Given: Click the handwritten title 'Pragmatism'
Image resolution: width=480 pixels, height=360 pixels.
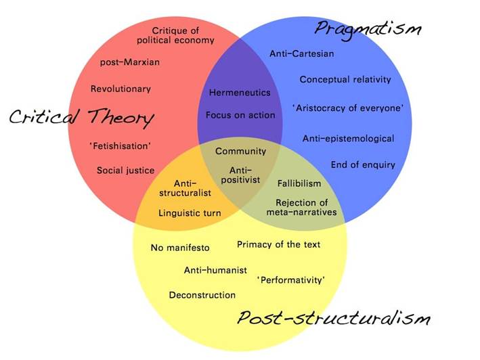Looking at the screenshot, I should click(368, 28).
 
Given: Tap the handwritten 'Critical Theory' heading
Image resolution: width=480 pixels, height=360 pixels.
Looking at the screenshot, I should click(81, 118).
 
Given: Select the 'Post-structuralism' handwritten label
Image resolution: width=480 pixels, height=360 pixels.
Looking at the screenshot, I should click(333, 317).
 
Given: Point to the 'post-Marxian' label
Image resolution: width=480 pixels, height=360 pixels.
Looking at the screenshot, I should click(130, 63).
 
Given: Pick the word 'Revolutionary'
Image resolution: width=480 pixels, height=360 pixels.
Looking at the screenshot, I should click(121, 89).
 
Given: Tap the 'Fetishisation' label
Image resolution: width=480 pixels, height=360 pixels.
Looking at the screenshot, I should click(120, 145).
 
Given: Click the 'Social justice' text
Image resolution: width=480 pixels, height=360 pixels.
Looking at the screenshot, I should click(125, 171).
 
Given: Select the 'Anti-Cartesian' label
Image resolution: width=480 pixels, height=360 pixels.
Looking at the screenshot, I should click(302, 53).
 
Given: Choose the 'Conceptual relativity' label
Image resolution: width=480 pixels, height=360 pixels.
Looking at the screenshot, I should click(345, 79).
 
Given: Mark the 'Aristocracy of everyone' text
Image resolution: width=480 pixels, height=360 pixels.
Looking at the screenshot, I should click(348, 108).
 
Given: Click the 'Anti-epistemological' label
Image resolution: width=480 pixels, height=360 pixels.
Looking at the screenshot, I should click(348, 139).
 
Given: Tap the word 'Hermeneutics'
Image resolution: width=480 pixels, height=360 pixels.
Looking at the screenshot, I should click(240, 93).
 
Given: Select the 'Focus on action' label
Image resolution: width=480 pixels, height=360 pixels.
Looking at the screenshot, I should click(240, 115).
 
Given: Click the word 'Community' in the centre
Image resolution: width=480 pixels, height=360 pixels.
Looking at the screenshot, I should click(240, 152).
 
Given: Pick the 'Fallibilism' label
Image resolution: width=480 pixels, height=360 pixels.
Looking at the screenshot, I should click(299, 183).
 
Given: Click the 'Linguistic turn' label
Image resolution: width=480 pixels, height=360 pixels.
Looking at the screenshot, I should click(190, 213).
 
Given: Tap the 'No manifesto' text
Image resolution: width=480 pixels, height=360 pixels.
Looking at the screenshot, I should click(180, 248).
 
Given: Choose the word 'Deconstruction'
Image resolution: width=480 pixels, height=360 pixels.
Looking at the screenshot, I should click(202, 295).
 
